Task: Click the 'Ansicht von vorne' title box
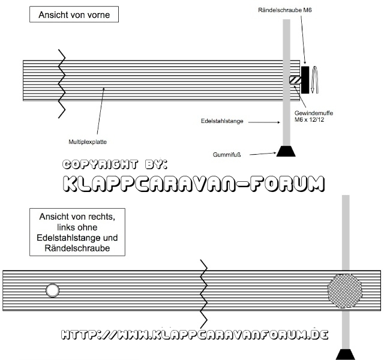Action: click(x=74, y=14)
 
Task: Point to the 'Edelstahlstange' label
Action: click(x=222, y=121)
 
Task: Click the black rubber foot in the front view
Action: click(x=286, y=151)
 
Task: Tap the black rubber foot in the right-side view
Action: click(x=346, y=354)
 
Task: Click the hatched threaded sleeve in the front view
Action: click(x=295, y=80)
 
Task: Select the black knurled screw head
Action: click(x=305, y=79)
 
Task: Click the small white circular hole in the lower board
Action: click(x=53, y=291)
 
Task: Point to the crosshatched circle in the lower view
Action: click(x=345, y=290)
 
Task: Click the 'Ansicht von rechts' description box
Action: click(x=77, y=232)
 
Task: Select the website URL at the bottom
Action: click(x=196, y=334)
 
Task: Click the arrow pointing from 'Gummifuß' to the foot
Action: click(x=262, y=154)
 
